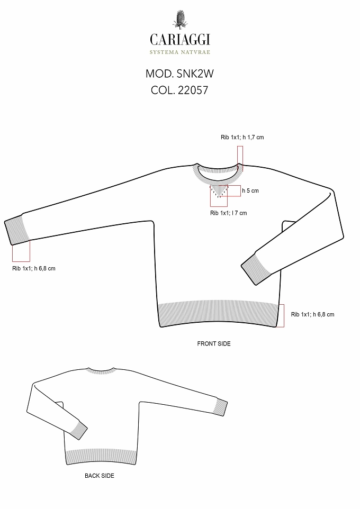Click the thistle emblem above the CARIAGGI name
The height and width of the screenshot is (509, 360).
(x=180, y=20)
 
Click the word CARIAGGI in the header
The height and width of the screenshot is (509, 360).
(x=180, y=40)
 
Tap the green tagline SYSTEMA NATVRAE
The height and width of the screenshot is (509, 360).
(x=179, y=52)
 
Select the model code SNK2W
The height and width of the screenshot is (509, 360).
(x=195, y=74)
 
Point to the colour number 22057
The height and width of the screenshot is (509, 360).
(x=193, y=90)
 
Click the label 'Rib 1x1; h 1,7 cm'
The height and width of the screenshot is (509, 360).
(x=242, y=138)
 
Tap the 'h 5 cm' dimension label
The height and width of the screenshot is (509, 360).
(x=250, y=190)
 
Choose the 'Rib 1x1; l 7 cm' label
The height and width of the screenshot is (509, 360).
(x=228, y=213)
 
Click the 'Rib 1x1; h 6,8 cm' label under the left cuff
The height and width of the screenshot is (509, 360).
(x=34, y=268)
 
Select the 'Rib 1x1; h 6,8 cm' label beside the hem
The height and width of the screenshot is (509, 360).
(x=312, y=314)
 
